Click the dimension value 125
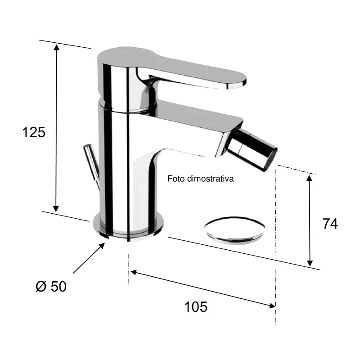tap(34, 132)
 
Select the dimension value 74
tap(330, 224)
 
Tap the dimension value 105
tap(196, 307)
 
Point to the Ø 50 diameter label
tap(51, 286)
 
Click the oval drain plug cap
tap(234, 229)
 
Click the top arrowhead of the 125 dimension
tap(56, 48)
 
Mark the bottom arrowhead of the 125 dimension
tap(56, 208)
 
